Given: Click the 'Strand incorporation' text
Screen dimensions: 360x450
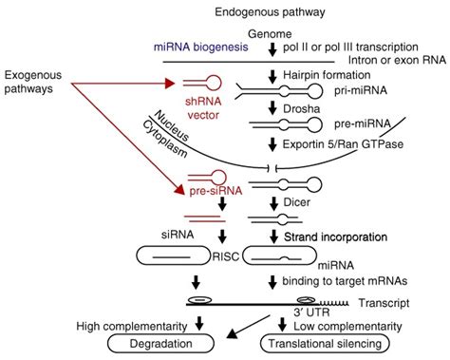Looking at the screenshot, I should (x=342, y=235).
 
